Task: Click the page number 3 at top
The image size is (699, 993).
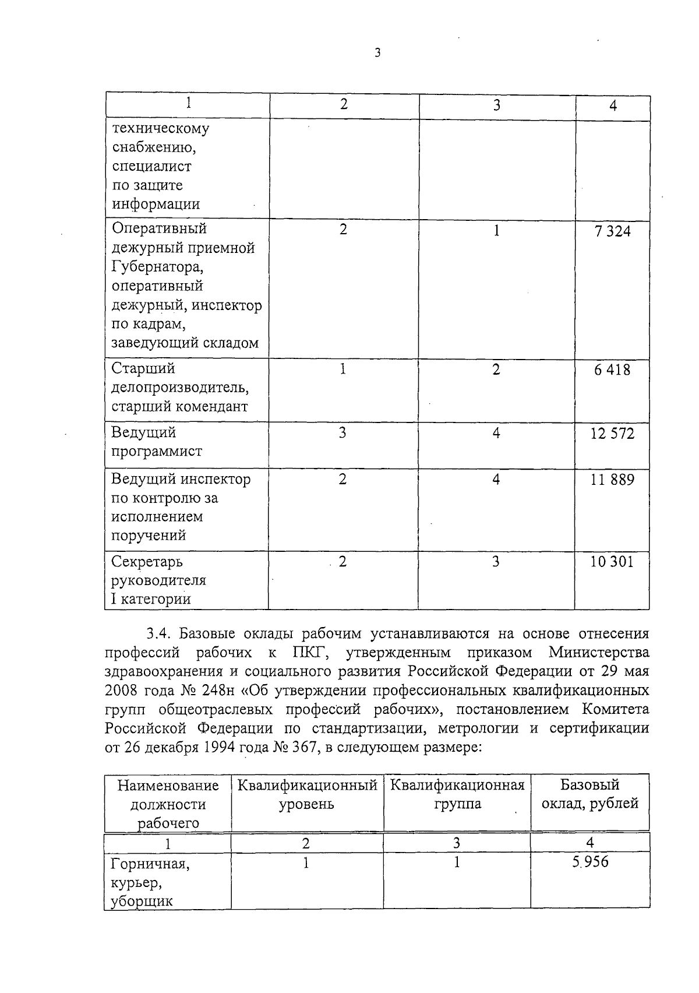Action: pos(377,53)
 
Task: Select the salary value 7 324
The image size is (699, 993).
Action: pos(612,231)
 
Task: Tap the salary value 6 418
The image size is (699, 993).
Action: pos(612,370)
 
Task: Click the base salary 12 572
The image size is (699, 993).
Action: pos(612,434)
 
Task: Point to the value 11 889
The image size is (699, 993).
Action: pos(612,480)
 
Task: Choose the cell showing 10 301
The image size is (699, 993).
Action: pos(611,562)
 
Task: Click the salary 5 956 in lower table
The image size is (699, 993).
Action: pos(590,861)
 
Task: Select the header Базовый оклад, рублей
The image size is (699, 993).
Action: pos(589,794)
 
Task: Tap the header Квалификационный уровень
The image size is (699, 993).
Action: pos(307,795)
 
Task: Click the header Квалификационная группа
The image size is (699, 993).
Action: pos(457,795)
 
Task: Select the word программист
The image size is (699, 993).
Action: pos(157,452)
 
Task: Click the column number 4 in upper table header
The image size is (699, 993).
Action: pos(613,105)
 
